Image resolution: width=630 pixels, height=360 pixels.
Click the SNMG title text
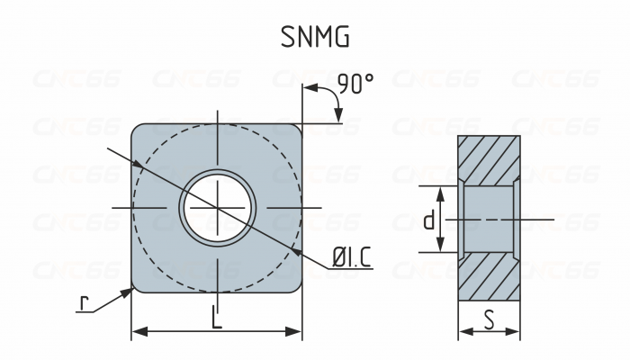pyautogui.click(x=314, y=37)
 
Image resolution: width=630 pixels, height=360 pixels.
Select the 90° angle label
pyautogui.click(x=355, y=85)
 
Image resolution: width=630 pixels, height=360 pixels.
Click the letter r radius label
pyautogui.click(x=84, y=303)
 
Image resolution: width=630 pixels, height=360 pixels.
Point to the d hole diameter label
pyautogui.click(x=429, y=220)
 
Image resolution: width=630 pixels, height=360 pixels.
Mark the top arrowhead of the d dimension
pyautogui.click(x=441, y=192)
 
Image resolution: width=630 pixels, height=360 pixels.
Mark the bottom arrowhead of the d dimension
pyautogui.click(x=441, y=248)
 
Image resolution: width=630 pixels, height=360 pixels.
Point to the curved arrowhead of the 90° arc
pyautogui.click(x=339, y=116)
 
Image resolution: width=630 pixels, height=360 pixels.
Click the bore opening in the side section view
pyautogui.click(x=489, y=220)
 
